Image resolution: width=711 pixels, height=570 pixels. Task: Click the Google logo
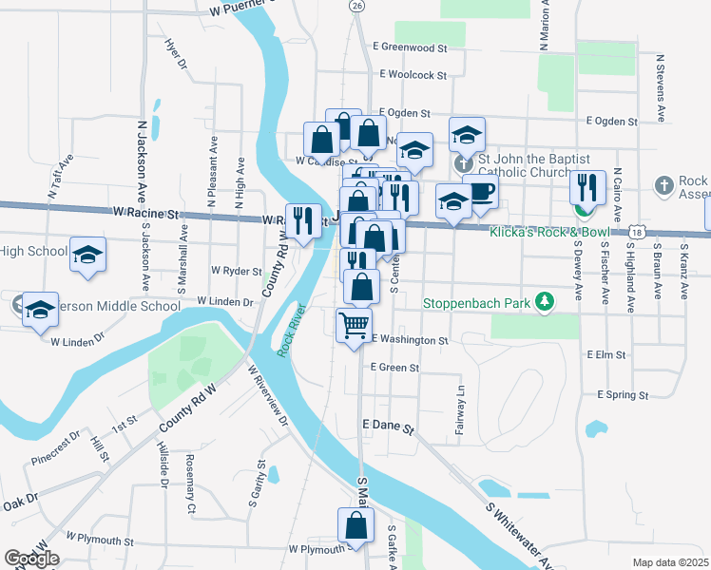click(32, 559)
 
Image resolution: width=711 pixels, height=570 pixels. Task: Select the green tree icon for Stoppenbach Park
click(544, 302)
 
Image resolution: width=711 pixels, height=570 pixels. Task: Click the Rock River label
click(291, 330)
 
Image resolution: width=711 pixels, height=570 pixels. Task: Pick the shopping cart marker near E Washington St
click(354, 326)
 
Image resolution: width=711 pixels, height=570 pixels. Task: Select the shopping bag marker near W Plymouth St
click(355, 524)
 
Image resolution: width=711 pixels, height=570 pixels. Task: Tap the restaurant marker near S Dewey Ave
click(586, 188)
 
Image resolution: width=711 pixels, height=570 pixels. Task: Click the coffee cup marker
click(481, 191)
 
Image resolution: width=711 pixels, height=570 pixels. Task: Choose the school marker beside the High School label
click(87, 255)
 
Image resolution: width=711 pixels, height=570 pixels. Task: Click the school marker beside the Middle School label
click(40, 309)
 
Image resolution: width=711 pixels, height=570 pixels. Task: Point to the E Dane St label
click(388, 428)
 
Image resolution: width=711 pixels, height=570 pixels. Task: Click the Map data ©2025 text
click(670, 562)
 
